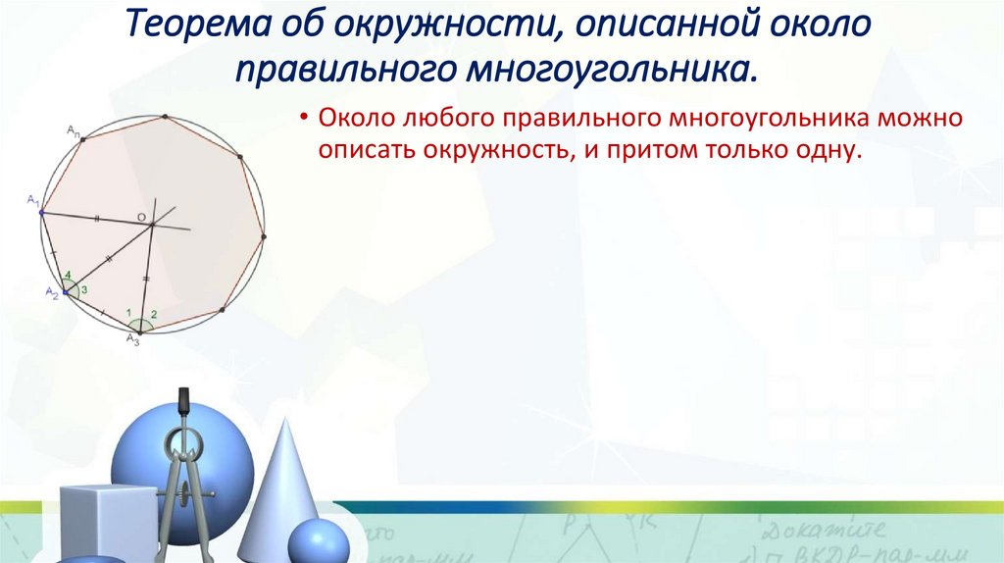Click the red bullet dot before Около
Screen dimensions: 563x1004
coord(306,120)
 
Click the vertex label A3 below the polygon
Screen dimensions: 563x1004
coord(132,339)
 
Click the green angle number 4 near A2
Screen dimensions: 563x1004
coord(67,276)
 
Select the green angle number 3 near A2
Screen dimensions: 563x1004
coord(84,289)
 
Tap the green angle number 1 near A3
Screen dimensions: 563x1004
coord(128,312)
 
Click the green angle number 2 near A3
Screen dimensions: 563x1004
coord(153,314)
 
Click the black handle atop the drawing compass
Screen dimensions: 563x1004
coord(181,402)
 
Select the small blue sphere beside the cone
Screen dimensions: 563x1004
coord(318,540)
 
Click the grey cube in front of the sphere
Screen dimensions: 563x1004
coord(106,520)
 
